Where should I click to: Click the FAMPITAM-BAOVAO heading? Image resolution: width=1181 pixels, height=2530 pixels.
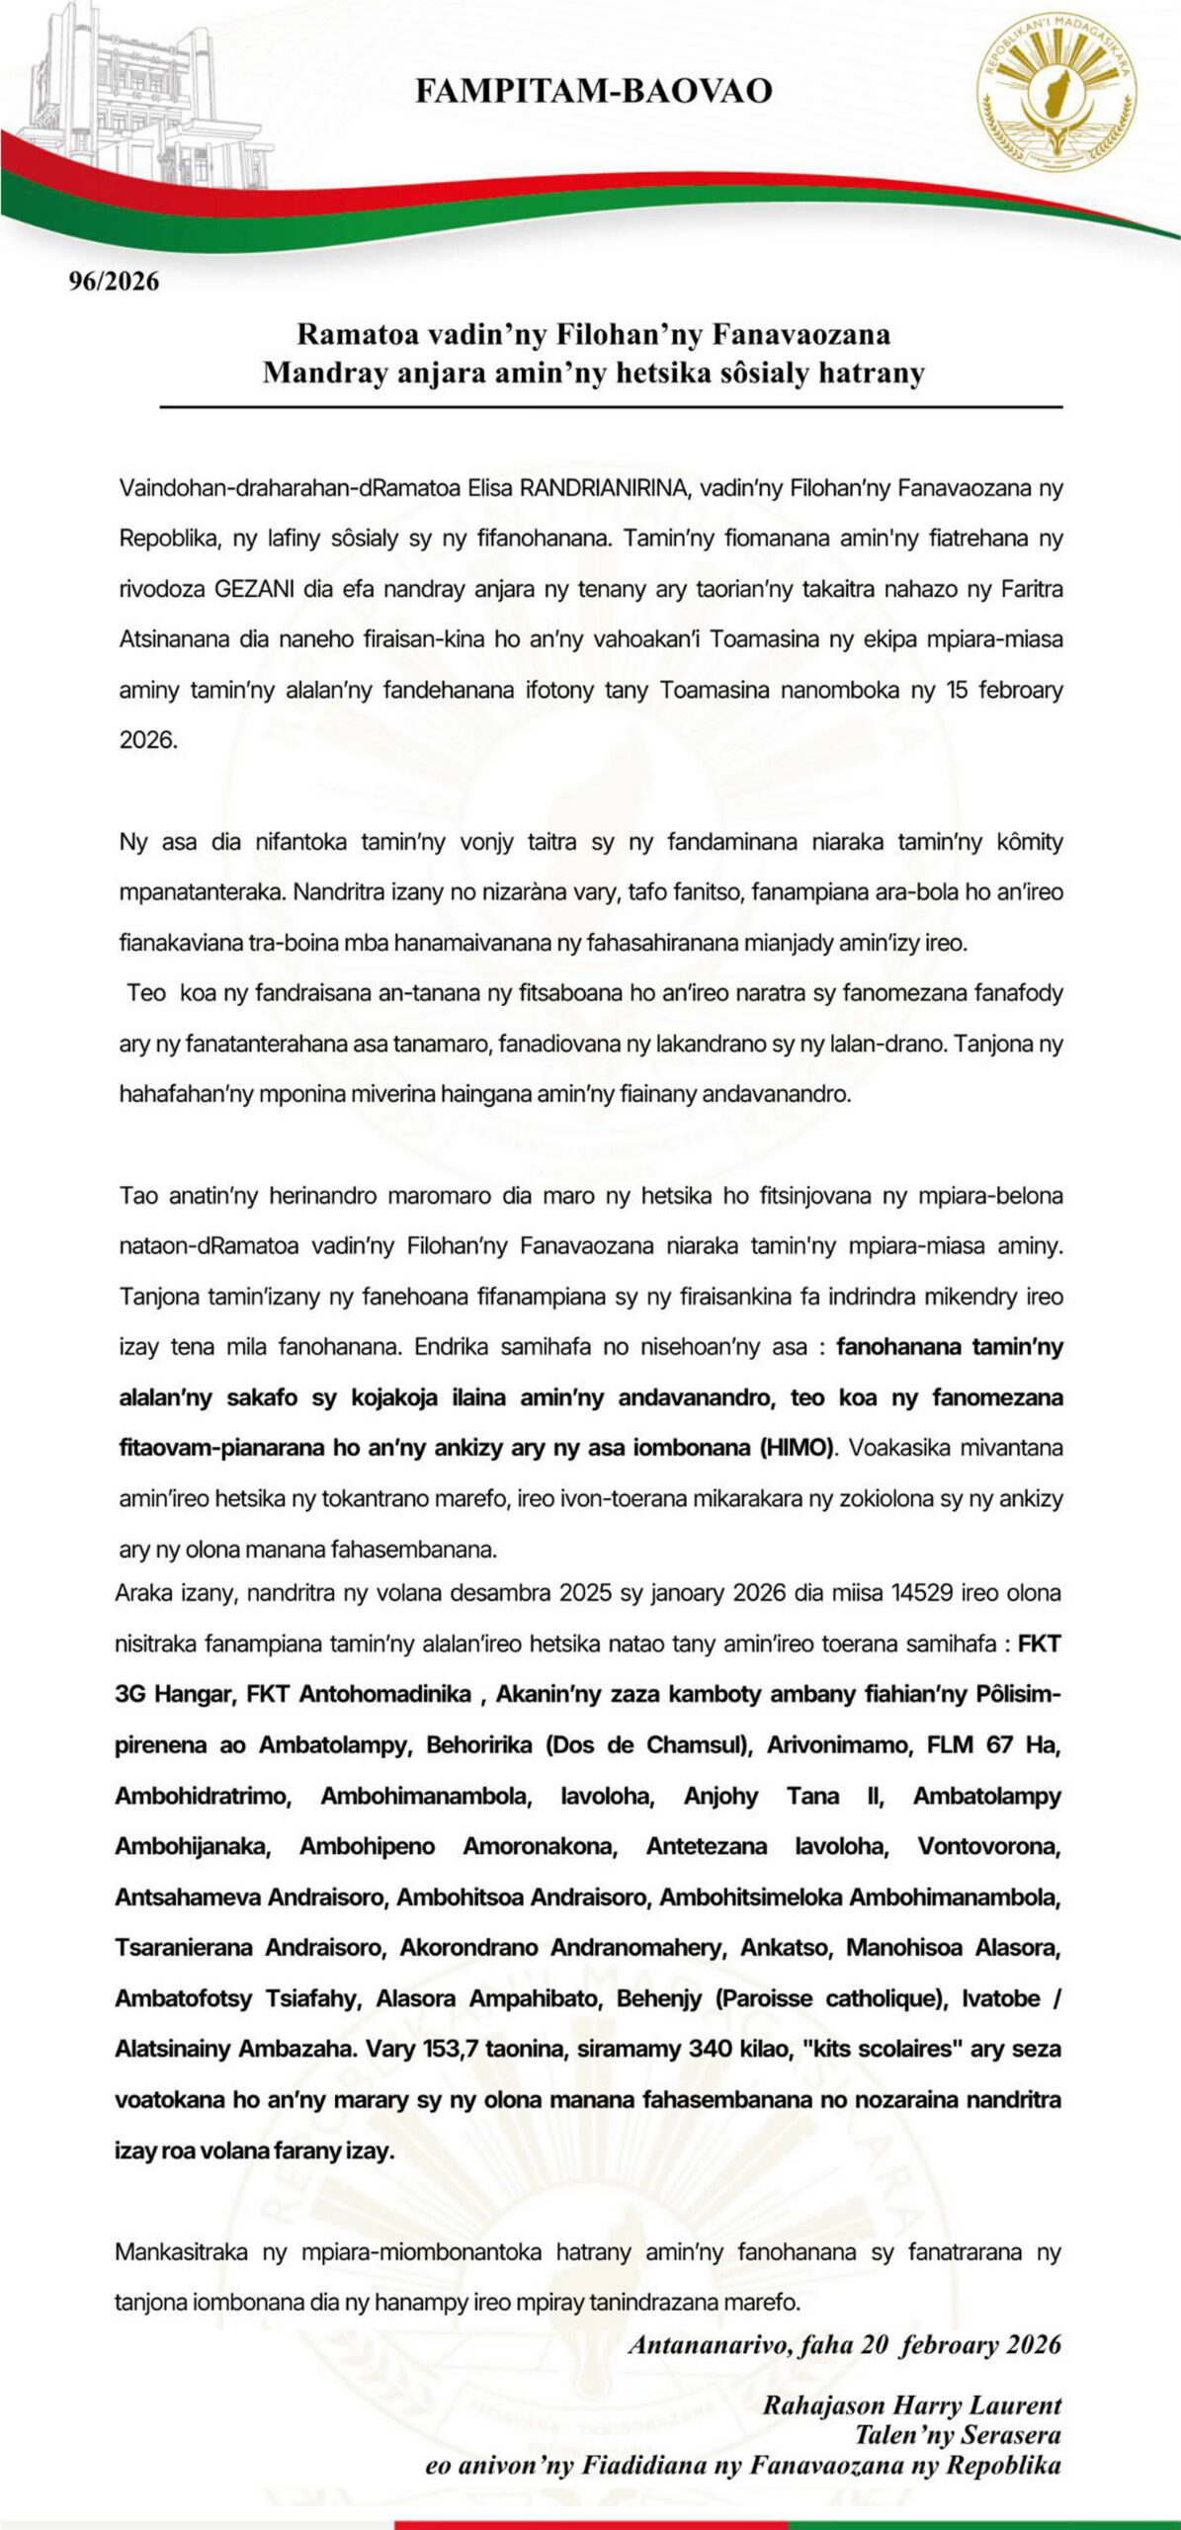coord(593,91)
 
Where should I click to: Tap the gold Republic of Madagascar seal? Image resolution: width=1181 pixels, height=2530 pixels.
coord(1056,92)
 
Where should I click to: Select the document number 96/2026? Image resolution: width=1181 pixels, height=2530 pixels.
coord(114,282)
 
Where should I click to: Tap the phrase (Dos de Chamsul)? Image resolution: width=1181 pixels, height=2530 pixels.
coord(643,1745)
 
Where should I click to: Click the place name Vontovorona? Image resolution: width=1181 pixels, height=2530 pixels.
coord(989,1846)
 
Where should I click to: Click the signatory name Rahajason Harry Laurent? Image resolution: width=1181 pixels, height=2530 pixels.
coord(911,2405)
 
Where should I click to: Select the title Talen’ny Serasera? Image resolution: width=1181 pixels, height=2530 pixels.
coord(958,2435)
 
